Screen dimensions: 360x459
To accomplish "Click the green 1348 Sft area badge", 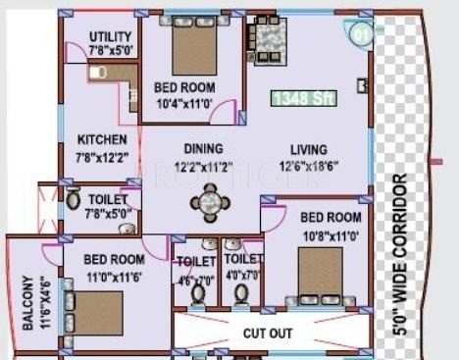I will tap(304, 98).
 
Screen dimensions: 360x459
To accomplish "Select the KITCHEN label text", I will tap(102, 139).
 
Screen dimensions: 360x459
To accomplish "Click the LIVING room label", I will tap(309, 150).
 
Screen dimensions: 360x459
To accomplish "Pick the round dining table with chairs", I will tap(208, 203).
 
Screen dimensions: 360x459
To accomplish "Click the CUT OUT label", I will tap(268, 334).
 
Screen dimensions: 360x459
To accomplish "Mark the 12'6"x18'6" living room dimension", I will tap(312, 166).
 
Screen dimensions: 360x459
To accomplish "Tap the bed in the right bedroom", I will tap(321, 275).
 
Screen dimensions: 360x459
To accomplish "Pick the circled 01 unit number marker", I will tap(362, 33).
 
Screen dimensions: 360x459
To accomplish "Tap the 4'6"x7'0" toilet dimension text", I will tap(196, 278).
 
